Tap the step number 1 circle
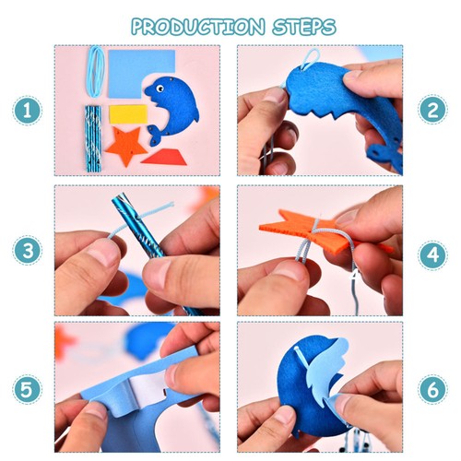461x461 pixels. coord(28,112)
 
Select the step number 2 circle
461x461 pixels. coord(432,112)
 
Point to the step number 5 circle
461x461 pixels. coord(28,388)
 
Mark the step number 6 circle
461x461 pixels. coord(432,388)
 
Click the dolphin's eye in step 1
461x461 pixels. coord(160,89)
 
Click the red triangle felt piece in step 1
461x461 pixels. coord(165,157)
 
